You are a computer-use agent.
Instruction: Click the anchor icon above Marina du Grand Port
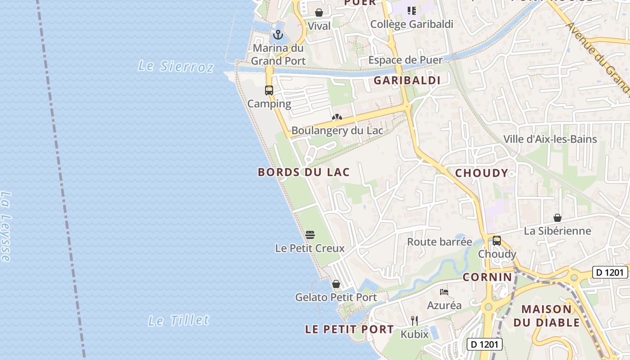[x=278, y=34]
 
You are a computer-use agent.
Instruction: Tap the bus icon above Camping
[x=269, y=90]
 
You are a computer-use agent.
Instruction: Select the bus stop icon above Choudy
[x=497, y=240]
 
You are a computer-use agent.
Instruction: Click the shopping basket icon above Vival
[x=319, y=13]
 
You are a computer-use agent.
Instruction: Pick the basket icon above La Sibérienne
[x=558, y=218]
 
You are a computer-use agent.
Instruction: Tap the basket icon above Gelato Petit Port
[x=336, y=284]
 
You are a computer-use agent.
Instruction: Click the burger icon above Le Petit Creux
[x=310, y=234]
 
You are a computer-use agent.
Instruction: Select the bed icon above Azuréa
[x=444, y=292]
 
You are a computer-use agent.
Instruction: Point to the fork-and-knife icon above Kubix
[x=414, y=320]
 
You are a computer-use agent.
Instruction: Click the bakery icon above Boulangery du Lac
[x=337, y=117]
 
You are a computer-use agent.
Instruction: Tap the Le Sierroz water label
[x=175, y=66]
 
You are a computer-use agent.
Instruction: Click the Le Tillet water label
[x=179, y=320]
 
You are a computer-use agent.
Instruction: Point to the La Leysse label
[x=5, y=226]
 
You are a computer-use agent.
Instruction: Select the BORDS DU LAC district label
[x=304, y=172]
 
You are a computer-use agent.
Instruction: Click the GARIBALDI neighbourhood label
[x=407, y=81]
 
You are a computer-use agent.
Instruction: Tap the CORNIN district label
[x=487, y=277]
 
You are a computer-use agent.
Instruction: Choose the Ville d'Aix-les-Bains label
[x=550, y=139]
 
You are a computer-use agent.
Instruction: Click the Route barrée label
[x=440, y=242]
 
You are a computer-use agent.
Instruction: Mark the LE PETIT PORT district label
[x=350, y=329]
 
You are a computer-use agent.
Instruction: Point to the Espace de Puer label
[x=405, y=60]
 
